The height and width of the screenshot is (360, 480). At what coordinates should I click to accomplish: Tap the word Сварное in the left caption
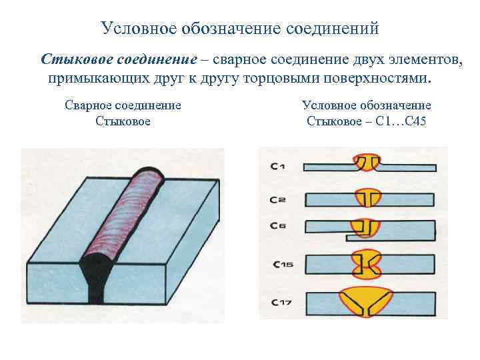[x=87, y=105]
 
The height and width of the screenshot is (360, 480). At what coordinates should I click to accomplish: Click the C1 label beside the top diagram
[x=278, y=167]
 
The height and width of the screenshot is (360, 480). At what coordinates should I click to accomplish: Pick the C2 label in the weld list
[x=278, y=199]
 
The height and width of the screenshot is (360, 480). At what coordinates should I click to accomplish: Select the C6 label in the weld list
[x=278, y=227]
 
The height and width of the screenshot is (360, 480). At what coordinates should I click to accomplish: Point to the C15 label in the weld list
[x=283, y=264]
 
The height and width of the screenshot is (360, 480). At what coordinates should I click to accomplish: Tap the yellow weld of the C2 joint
[x=366, y=198]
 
